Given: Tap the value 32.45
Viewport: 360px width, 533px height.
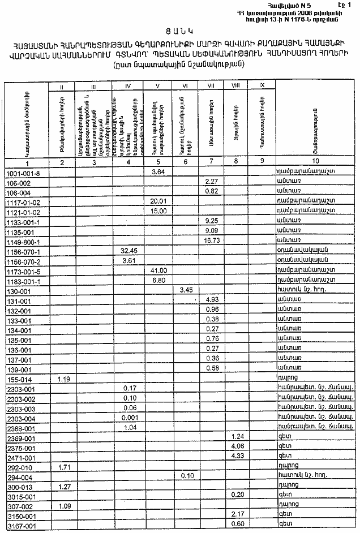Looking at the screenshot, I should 130,250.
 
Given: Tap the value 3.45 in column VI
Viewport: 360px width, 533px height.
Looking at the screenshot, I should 186,290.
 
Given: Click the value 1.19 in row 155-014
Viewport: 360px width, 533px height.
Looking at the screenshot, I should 65,379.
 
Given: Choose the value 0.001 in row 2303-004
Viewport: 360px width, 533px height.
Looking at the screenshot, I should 130,418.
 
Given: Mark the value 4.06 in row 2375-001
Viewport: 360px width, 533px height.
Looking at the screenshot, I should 237,448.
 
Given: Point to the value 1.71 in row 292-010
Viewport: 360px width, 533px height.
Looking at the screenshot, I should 65,467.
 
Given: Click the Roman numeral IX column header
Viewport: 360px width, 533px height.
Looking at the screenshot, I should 261,85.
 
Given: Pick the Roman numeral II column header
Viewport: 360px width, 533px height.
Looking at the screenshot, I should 64,86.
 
